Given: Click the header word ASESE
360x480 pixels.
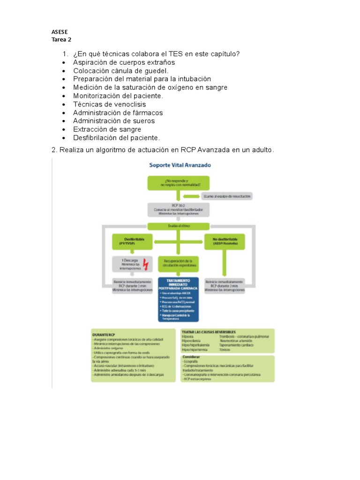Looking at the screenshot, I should [x=60, y=32].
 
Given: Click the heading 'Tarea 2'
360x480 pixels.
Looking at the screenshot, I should [x=61, y=40].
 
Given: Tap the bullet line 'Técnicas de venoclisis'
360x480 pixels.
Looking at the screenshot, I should [x=109, y=104].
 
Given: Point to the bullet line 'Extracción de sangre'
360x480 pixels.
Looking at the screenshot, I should [x=107, y=129].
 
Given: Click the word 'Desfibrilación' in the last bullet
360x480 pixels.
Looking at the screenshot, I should [x=96, y=138].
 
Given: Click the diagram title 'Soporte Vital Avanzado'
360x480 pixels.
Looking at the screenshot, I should [x=180, y=165].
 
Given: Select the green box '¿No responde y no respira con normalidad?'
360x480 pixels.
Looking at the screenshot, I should [x=178, y=183].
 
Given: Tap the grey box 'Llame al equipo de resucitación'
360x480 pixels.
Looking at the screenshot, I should [x=227, y=195].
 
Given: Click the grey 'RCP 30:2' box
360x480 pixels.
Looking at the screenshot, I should [x=178, y=210].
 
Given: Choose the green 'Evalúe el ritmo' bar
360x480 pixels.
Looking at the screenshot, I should [x=178, y=226].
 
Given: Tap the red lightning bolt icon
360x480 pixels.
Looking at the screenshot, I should [x=145, y=265].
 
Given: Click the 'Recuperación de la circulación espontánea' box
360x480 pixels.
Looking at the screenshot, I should [x=178, y=262].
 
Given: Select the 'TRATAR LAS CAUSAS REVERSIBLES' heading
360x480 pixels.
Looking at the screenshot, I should [x=209, y=331].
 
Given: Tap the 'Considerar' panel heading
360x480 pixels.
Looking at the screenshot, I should [x=191, y=358].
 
